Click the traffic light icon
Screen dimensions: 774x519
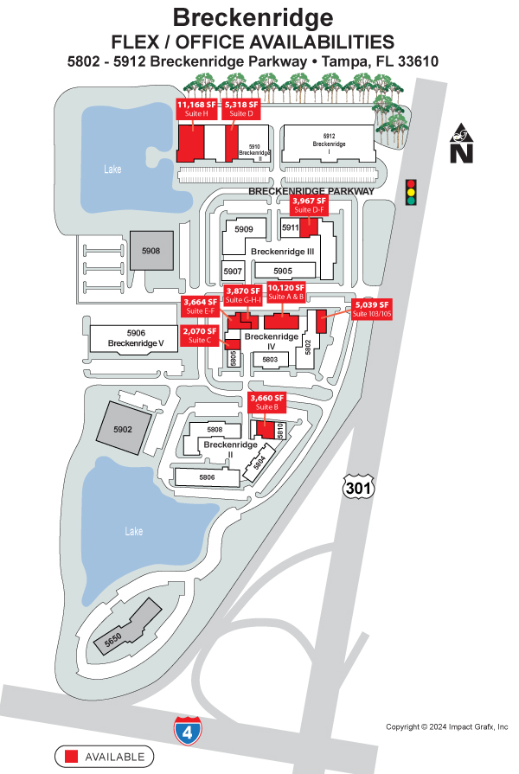(410, 192)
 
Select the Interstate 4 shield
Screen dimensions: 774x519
(184, 730)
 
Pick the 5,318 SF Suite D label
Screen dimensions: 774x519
(239, 108)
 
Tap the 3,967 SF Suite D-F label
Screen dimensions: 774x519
(309, 206)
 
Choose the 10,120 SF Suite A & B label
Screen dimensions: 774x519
(286, 291)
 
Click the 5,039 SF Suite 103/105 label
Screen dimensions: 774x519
(372, 309)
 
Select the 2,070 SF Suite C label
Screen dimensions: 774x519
(199, 336)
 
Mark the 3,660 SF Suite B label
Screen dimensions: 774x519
(266, 402)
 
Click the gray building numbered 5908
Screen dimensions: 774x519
(151, 251)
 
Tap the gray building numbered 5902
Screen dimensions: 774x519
(123, 429)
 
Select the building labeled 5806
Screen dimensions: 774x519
(206, 477)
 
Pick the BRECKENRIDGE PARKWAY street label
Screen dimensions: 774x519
(311, 190)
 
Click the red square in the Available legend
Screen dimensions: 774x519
(72, 756)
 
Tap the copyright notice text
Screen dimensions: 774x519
(446, 726)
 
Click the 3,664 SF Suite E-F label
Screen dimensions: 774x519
(200, 306)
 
